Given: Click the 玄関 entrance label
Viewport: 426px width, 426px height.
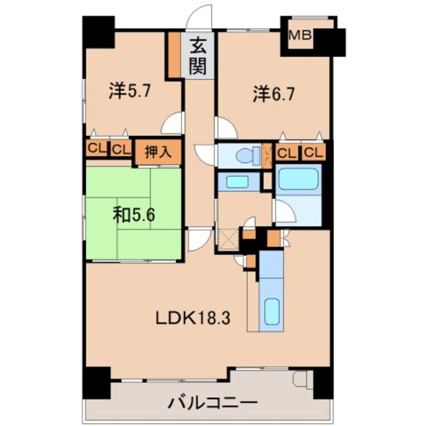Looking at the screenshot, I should coord(198,58).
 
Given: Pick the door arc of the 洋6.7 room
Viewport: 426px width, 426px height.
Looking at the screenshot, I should coord(225,128).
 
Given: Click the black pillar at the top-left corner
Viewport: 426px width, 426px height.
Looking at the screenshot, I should coord(98,32).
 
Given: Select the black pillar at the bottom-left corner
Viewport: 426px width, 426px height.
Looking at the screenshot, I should coord(97,381).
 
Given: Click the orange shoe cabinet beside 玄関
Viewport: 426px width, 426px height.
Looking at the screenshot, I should coord(175,54).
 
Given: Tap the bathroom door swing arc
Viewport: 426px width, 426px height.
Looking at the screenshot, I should coord(283,212).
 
